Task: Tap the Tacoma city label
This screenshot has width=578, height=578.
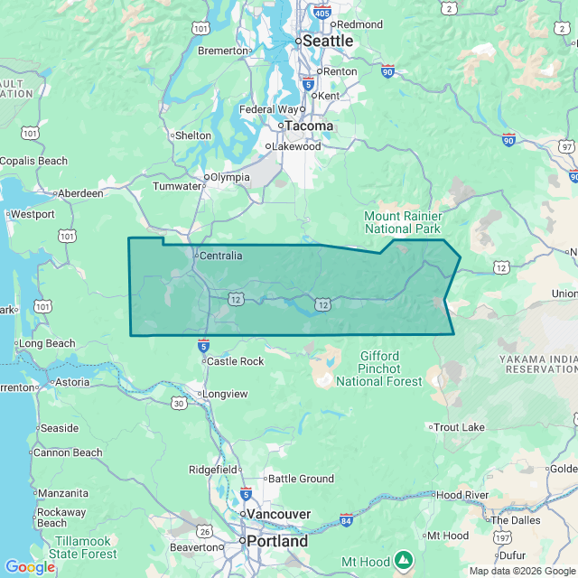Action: [x=310, y=126]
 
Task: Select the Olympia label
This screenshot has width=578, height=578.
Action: [x=230, y=177]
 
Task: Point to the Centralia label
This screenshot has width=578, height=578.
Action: [x=220, y=256]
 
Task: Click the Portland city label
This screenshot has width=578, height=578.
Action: [x=277, y=542]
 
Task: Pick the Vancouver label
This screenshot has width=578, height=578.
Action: [x=278, y=514]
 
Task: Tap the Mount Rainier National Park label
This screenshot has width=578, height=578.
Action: [x=403, y=223]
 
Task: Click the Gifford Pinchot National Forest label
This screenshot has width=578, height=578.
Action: [x=379, y=368]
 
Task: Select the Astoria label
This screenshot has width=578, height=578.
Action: [x=72, y=382]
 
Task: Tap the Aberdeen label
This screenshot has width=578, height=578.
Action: [x=79, y=193]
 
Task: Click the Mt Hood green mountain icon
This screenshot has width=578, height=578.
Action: [x=404, y=562]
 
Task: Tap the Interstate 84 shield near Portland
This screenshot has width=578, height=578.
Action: [x=347, y=520]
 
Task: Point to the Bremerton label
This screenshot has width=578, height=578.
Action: [x=222, y=51]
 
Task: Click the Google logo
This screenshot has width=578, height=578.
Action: [x=29, y=567]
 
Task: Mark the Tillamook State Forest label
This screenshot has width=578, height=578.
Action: [x=82, y=547]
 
